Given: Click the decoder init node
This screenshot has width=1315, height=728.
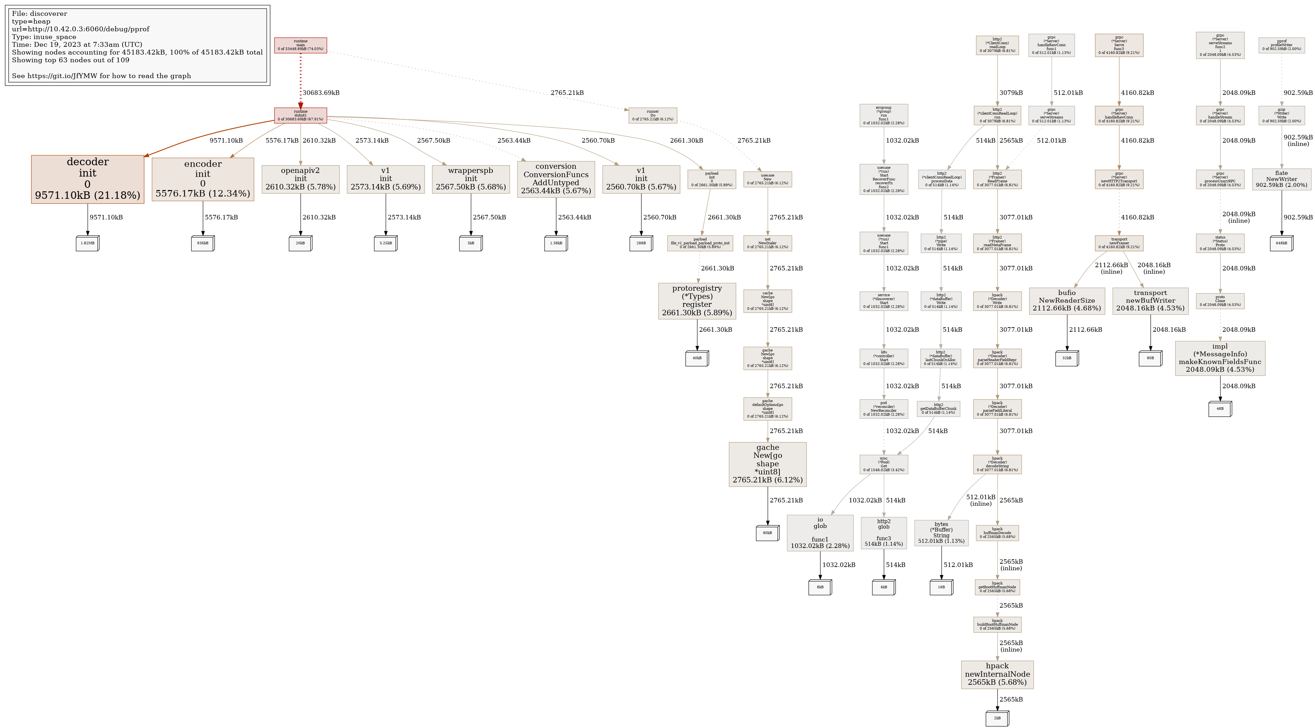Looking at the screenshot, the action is (x=87, y=179).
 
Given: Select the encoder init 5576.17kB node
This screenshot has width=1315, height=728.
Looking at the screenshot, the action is (x=203, y=179).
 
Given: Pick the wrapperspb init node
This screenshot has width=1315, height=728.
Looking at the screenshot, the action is (x=471, y=179).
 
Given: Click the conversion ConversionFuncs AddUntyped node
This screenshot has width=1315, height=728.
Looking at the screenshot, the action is (x=556, y=179).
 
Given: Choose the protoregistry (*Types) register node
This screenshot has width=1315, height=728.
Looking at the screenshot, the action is (x=697, y=301).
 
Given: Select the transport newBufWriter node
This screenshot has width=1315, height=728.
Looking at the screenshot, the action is (x=1150, y=301).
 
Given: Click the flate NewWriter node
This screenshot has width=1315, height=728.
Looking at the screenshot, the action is (x=1281, y=179).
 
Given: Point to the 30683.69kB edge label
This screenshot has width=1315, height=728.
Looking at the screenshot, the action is (x=321, y=93).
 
